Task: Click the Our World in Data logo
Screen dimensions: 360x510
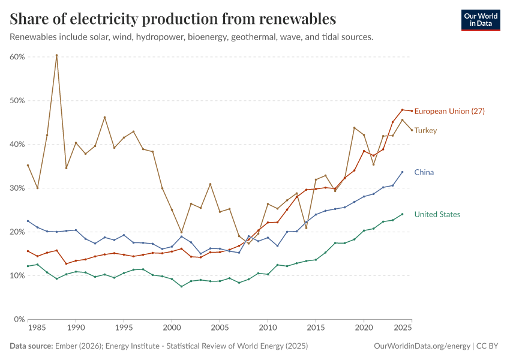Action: coord(480,19)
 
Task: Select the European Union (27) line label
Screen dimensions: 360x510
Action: coord(449,111)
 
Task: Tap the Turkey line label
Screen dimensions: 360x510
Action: coord(425,130)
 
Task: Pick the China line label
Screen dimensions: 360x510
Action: coord(424,172)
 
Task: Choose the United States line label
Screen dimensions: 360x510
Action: coord(437,214)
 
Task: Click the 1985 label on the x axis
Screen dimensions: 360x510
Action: coord(37,329)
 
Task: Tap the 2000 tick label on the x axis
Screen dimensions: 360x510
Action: coord(172,329)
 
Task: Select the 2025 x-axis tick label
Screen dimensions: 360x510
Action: coord(403,329)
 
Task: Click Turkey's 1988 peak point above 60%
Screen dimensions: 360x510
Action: coord(56,55)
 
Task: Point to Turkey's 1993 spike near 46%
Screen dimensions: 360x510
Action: coord(104,117)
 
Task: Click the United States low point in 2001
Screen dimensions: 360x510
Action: coord(181,286)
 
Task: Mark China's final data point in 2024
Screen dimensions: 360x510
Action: coord(402,172)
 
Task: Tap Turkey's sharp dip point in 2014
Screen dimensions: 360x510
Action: coord(306,227)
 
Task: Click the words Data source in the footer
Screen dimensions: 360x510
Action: coord(31,346)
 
